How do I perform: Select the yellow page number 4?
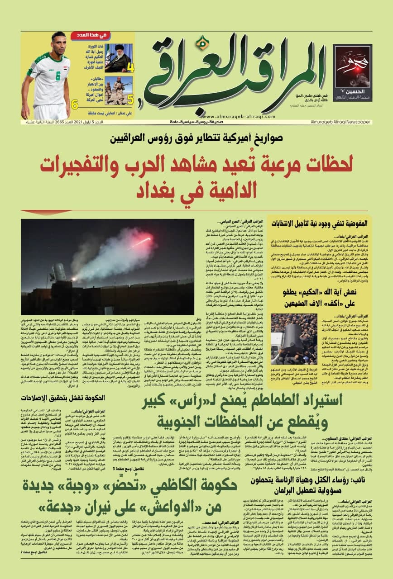(130, 68)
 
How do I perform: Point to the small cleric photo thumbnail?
(118, 58)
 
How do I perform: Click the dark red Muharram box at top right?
(352, 72)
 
